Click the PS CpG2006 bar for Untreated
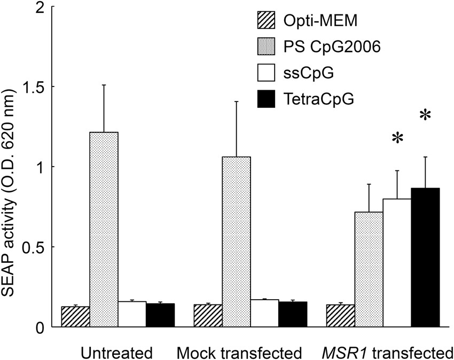pos(104,229)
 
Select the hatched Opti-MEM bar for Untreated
pos(75,317)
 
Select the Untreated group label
pos(117,353)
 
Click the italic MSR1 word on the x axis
pos(340,353)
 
